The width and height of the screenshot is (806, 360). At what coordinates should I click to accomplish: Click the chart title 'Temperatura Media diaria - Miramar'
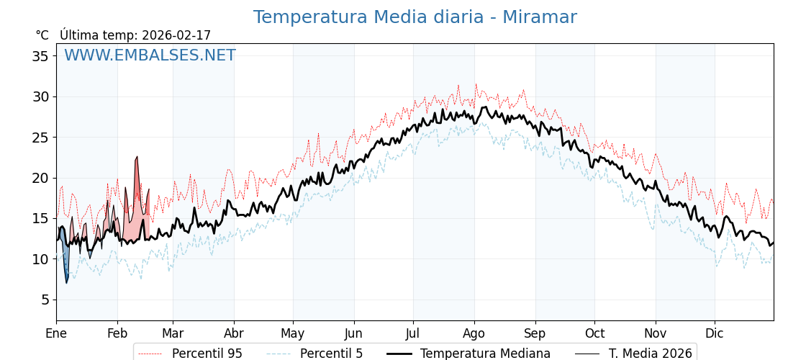click(x=415, y=17)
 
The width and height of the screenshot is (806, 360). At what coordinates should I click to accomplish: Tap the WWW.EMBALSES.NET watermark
click(x=150, y=55)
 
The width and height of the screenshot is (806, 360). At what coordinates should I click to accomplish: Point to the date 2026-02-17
click(x=176, y=35)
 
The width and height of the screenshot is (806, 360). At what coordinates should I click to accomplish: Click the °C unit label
click(x=42, y=35)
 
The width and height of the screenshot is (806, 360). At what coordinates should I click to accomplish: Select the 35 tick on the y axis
click(x=40, y=56)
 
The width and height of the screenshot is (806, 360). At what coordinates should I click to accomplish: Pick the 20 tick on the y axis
click(x=40, y=178)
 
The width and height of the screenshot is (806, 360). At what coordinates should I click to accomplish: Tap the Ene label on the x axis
click(x=56, y=333)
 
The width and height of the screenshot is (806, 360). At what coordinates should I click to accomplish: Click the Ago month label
click(x=474, y=333)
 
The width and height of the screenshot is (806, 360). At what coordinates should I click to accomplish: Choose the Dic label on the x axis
click(x=715, y=333)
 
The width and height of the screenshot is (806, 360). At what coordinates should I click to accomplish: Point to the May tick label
click(x=293, y=333)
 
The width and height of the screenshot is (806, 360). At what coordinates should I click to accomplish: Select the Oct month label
click(x=595, y=333)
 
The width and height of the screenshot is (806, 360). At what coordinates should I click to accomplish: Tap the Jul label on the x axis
click(x=413, y=333)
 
